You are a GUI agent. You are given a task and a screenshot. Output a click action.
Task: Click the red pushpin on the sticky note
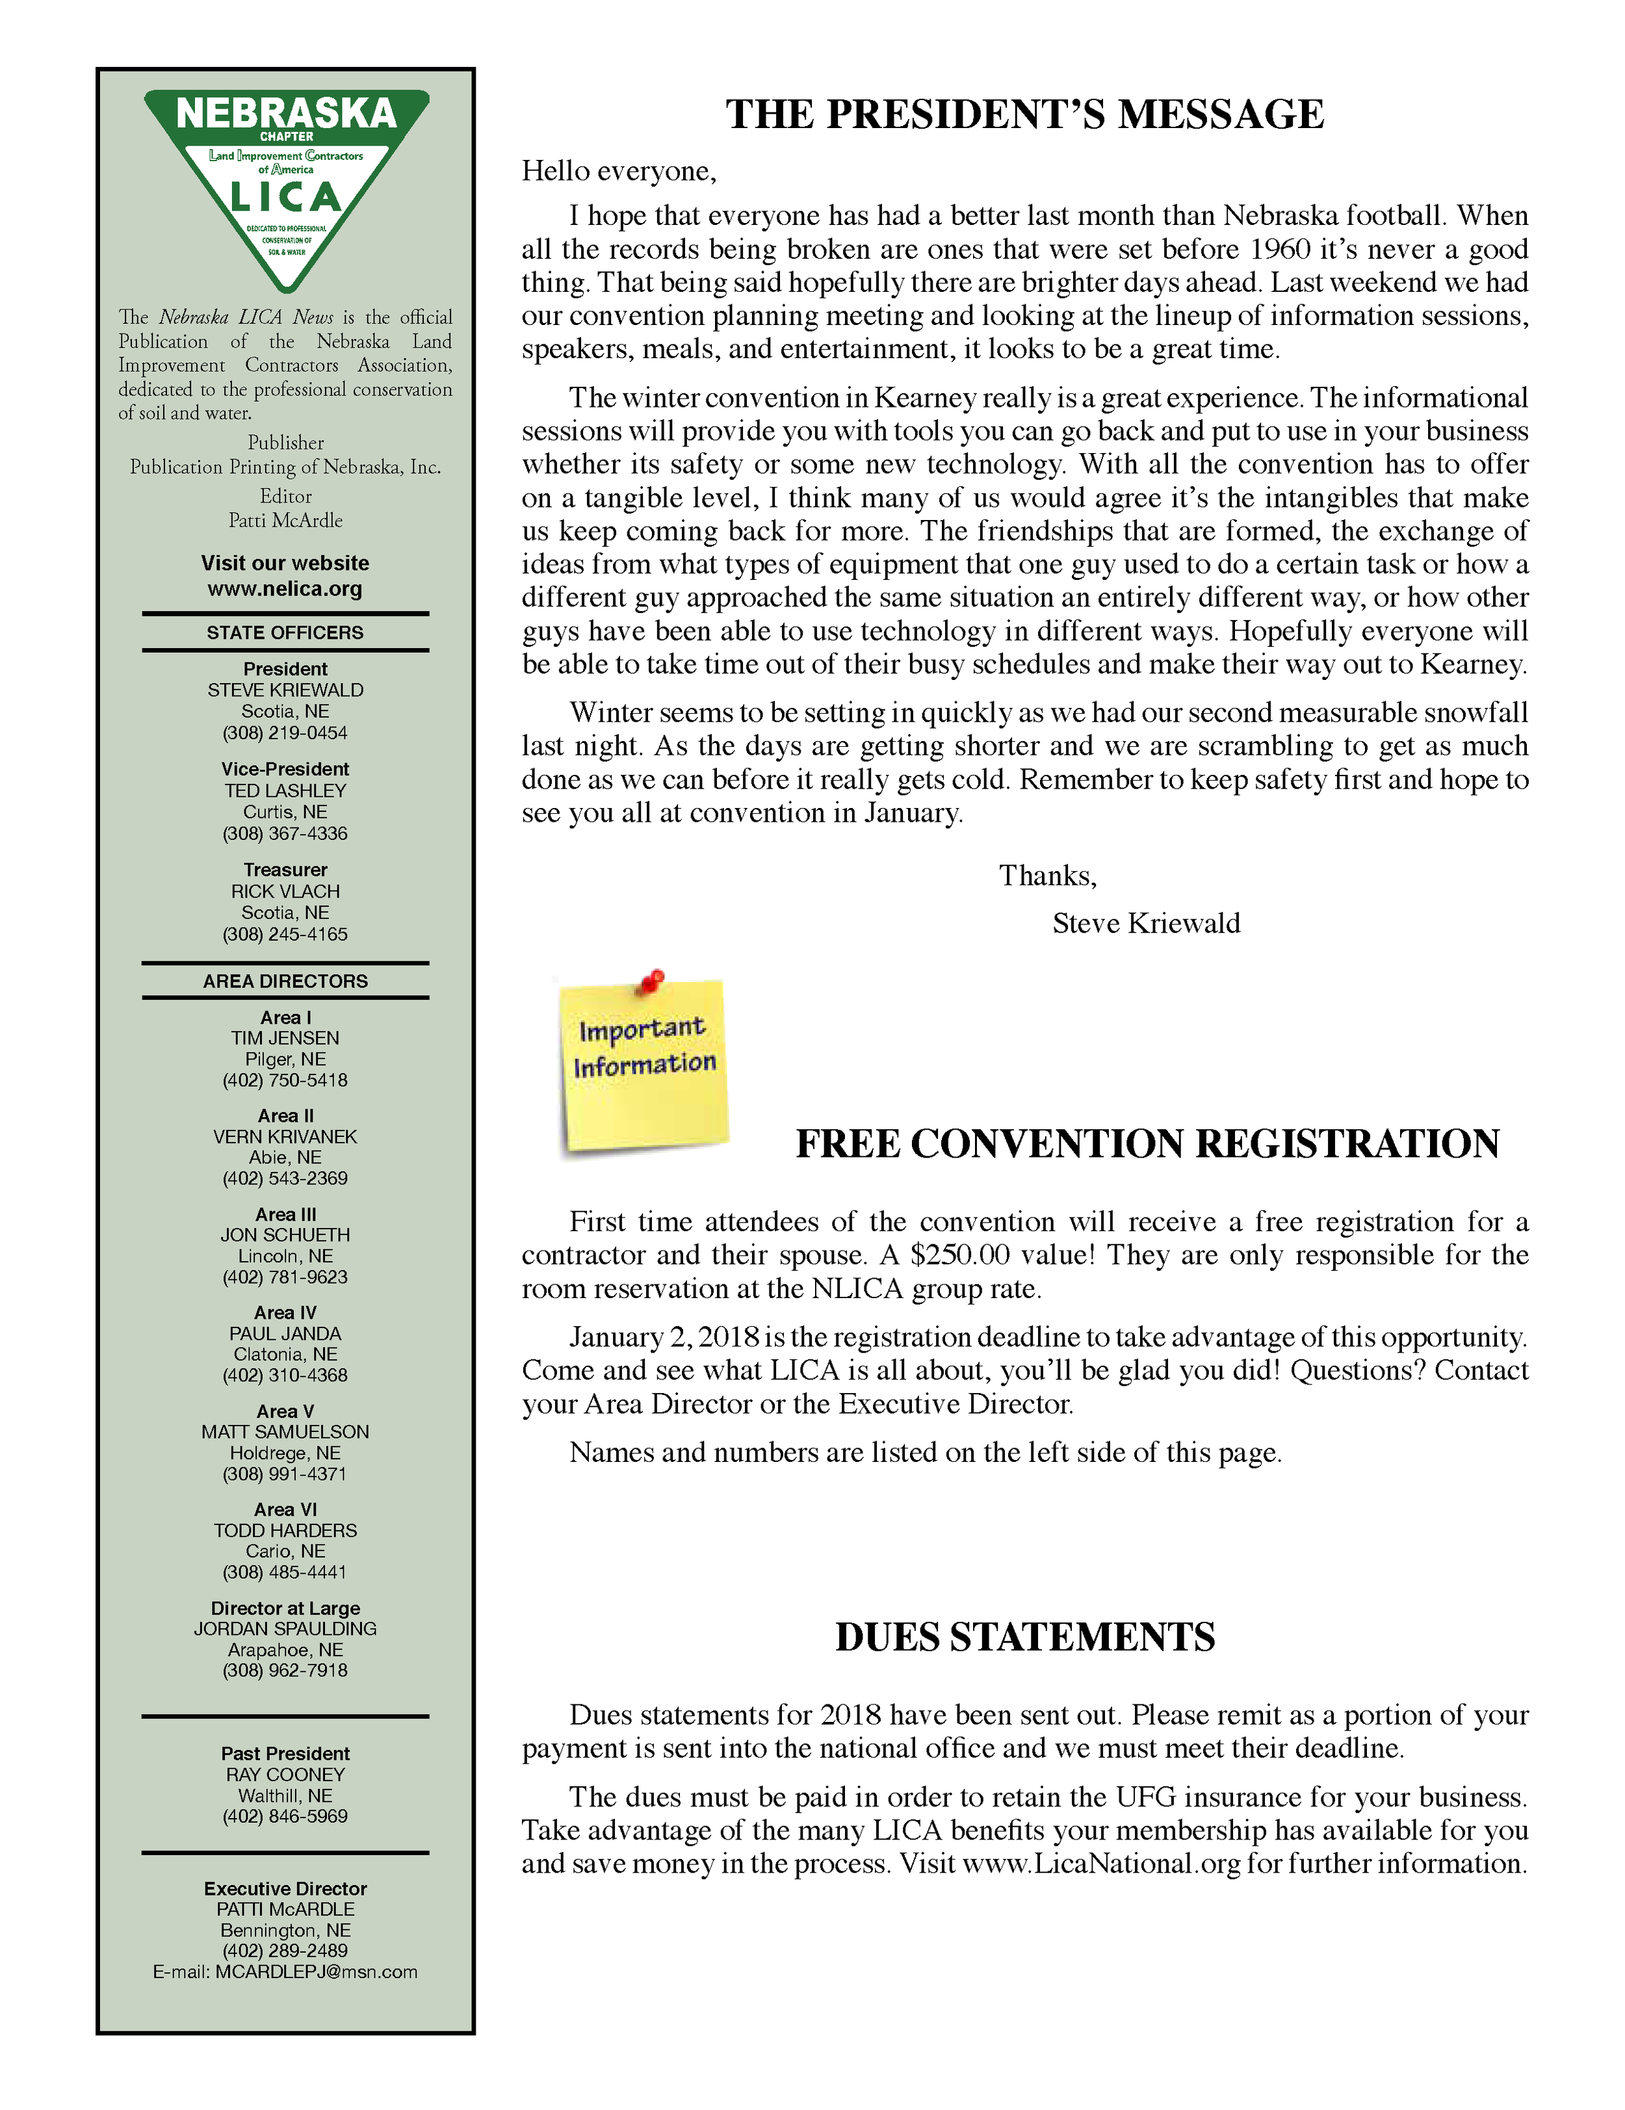653,980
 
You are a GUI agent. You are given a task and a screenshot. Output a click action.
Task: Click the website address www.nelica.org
285,588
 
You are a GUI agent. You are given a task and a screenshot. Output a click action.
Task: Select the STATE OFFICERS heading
285,633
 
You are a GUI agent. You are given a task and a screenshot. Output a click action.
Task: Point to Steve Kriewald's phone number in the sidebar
285,733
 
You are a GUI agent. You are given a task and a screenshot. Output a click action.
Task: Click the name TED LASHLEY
285,790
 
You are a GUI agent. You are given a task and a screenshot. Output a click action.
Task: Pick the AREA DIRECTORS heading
285,982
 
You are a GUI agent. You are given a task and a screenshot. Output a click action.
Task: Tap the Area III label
285,1214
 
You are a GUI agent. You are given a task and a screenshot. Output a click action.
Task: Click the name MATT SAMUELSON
285,1432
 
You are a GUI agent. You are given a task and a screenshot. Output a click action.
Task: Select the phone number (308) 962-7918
285,1671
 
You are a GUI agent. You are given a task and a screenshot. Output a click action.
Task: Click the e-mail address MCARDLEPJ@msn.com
316,1972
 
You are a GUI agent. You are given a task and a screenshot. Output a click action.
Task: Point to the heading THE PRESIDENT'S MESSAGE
1024,114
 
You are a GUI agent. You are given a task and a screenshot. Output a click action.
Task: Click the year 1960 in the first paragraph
1279,249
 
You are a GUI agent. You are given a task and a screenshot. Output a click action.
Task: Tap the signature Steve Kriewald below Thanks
1146,924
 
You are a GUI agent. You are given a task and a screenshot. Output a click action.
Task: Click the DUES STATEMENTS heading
1024,1637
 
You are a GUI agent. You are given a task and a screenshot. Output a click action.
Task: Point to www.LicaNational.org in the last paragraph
1100,1864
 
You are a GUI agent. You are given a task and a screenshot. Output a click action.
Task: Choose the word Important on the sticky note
642,1029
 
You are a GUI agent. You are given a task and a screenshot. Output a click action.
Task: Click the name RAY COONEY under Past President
285,1775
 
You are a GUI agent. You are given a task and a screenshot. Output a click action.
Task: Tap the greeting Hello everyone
618,171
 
